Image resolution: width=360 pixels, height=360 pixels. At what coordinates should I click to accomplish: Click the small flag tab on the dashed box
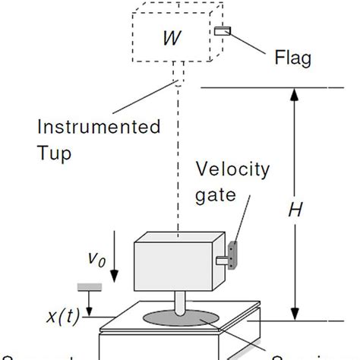(x=223, y=31)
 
